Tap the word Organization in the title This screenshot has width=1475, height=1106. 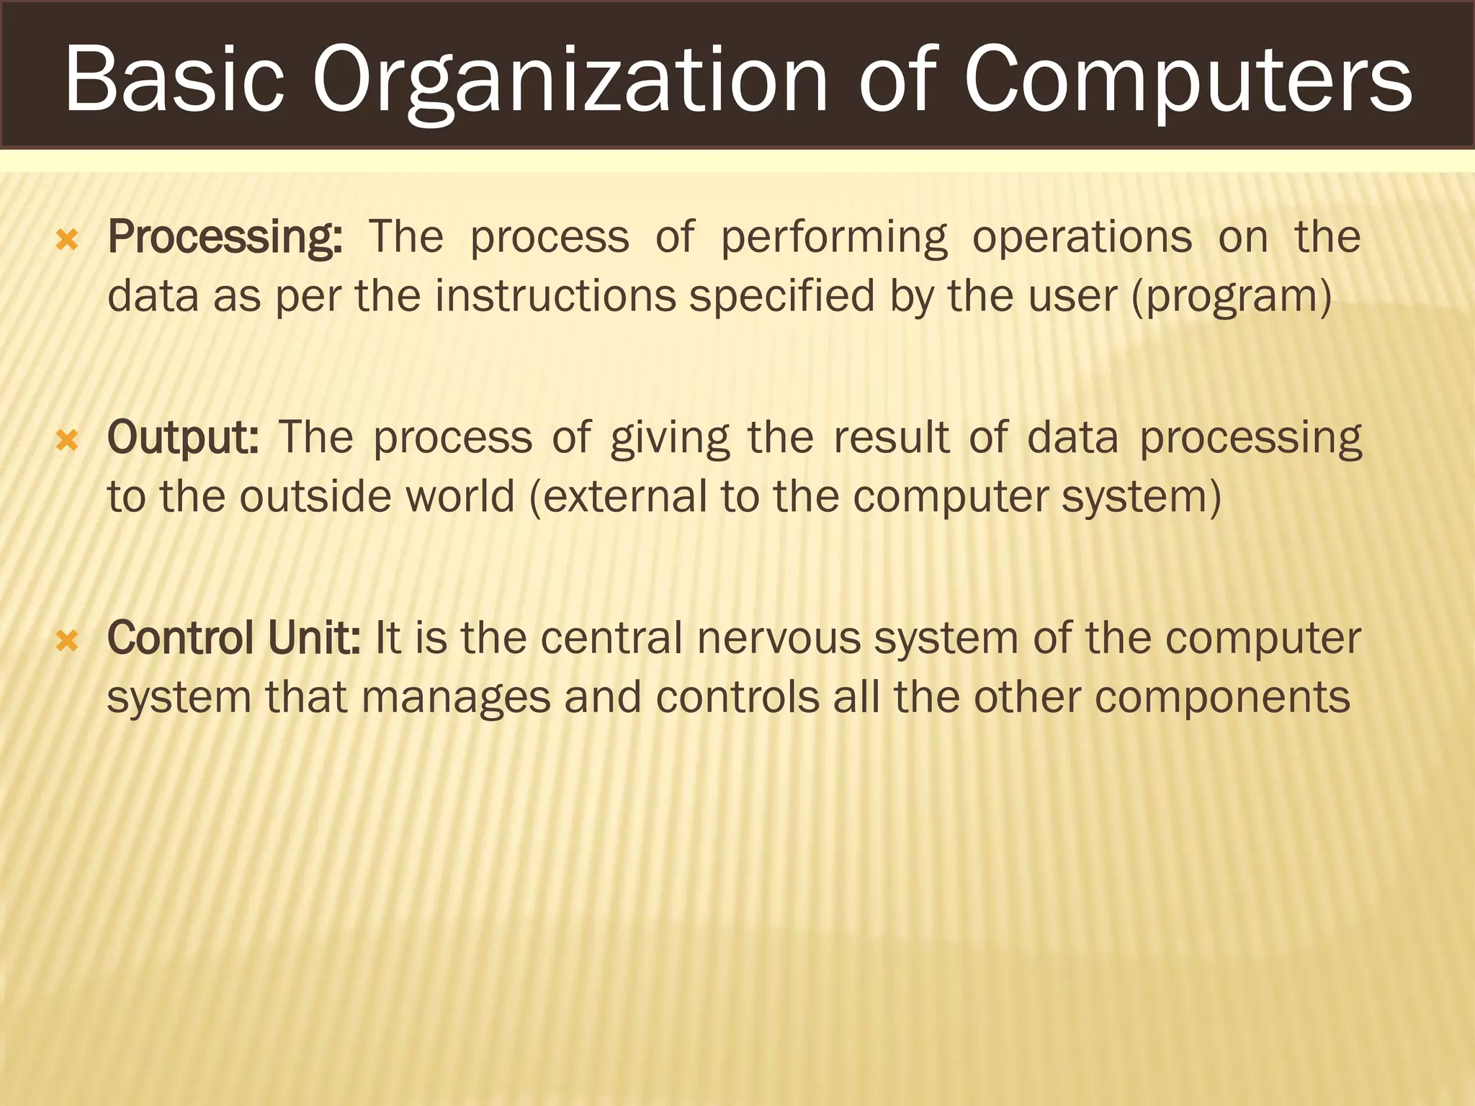pyautogui.click(x=569, y=81)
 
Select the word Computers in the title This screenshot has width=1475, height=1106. pyautogui.click(x=1188, y=81)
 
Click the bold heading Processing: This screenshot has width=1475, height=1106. pyautogui.click(x=225, y=238)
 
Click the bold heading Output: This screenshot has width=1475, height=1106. pyautogui.click(x=183, y=438)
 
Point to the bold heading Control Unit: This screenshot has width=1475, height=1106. pyautogui.click(x=233, y=638)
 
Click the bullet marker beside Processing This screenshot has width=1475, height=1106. pyautogui.click(x=67, y=240)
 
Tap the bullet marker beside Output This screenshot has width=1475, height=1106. pyautogui.click(x=67, y=440)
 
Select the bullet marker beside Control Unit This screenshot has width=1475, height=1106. pyautogui.click(x=67, y=640)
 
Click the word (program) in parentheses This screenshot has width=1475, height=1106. pyautogui.click(x=1232, y=297)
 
